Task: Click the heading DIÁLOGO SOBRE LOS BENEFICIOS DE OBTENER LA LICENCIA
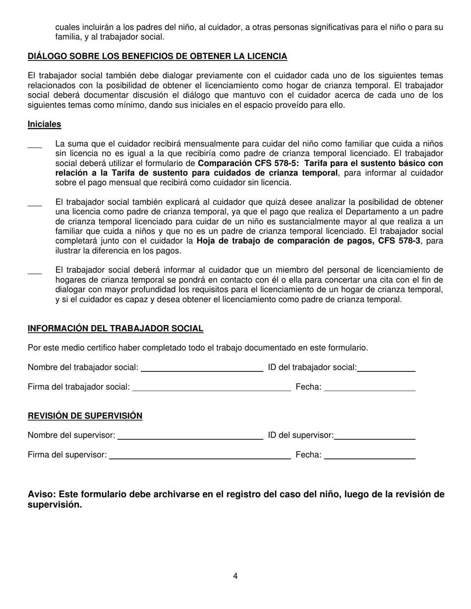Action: (157, 56)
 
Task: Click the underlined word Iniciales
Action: (44, 124)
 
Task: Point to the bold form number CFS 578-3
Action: (395, 241)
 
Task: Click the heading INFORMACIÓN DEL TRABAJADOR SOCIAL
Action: (115, 329)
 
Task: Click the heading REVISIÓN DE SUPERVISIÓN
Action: (85, 416)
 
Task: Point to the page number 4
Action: (235, 576)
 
